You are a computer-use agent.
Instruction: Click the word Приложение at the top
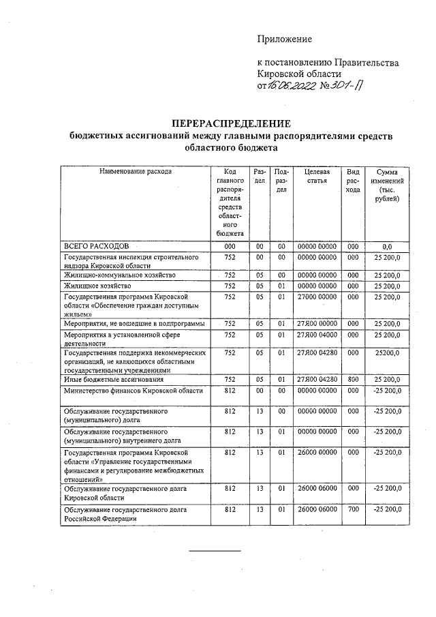[284, 39]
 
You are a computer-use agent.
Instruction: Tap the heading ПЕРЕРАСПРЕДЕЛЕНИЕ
[231, 123]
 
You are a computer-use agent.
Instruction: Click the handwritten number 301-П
[349, 85]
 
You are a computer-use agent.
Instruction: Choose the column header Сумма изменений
[386, 185]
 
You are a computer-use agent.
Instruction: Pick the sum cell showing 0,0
[386, 245]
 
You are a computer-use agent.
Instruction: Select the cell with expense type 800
[352, 378]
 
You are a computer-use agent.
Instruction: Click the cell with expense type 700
[352, 509]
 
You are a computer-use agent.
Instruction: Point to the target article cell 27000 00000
[317, 297]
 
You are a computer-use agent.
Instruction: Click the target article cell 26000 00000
[317, 452]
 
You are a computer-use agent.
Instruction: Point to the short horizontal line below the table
[215, 550]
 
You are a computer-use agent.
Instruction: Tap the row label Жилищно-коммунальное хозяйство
[120, 274]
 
